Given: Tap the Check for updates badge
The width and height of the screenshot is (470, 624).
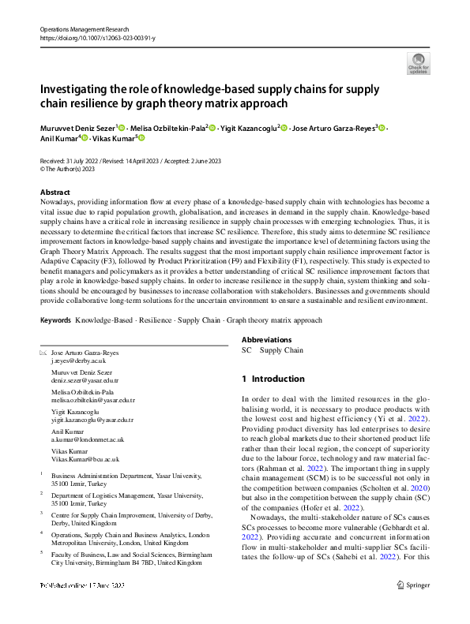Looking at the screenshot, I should pyautogui.click(x=417, y=63).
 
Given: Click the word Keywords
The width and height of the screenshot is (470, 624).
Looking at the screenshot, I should pyautogui.click(x=55, y=320).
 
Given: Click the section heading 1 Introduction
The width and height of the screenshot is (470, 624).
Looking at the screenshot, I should pyautogui.click(x=273, y=379).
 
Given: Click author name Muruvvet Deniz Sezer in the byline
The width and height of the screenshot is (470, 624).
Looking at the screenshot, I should pyautogui.click(x=77, y=127).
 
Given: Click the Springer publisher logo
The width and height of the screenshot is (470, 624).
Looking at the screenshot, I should pyautogui.click(x=414, y=606).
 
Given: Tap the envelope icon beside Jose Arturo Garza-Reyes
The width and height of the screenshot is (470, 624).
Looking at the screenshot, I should pyautogui.click(x=43, y=352).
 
